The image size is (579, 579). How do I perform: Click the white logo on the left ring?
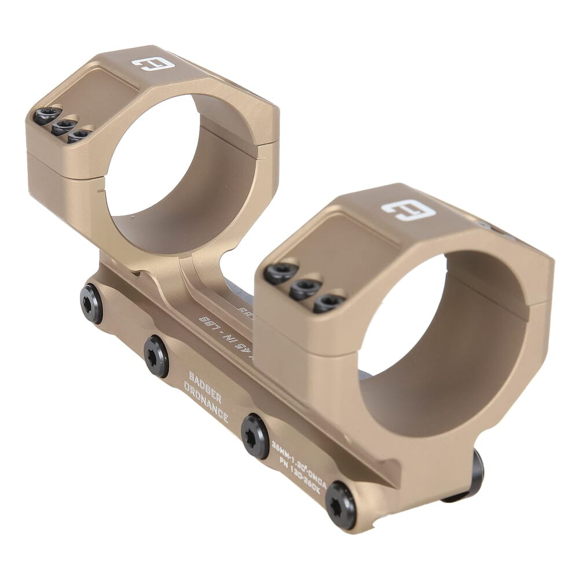click(153, 63)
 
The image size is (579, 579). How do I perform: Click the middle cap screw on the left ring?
click(64, 126)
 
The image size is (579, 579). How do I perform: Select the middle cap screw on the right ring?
click(305, 288)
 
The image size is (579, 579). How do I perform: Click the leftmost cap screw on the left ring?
click(47, 115)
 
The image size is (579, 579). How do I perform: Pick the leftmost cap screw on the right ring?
click(281, 273)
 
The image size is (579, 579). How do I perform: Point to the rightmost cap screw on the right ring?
click(329, 302)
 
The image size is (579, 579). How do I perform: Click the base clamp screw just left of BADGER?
click(156, 356)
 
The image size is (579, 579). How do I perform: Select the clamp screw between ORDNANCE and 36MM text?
click(255, 435)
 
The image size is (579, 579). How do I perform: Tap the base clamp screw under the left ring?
click(91, 303)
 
